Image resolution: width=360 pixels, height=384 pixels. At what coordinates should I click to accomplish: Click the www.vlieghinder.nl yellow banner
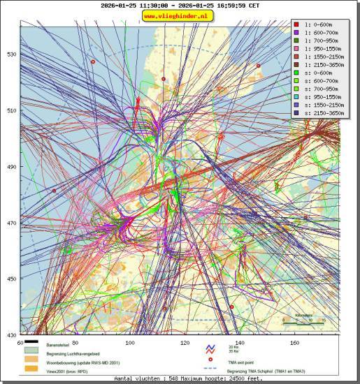(x=178, y=15)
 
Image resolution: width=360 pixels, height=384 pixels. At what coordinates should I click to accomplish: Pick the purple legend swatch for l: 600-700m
(x=296, y=33)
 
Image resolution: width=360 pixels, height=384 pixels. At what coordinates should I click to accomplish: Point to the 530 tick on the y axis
(x=11, y=54)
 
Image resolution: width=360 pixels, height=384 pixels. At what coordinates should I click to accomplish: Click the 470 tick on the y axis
(x=11, y=223)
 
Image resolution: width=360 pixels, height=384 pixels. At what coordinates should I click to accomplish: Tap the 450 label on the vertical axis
(x=11, y=279)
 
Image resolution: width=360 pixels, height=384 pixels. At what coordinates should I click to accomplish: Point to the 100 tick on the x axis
(x=129, y=343)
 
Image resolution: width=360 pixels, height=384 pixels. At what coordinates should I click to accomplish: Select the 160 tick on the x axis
(x=294, y=343)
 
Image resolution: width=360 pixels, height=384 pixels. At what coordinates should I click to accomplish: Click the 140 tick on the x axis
(x=240, y=343)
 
